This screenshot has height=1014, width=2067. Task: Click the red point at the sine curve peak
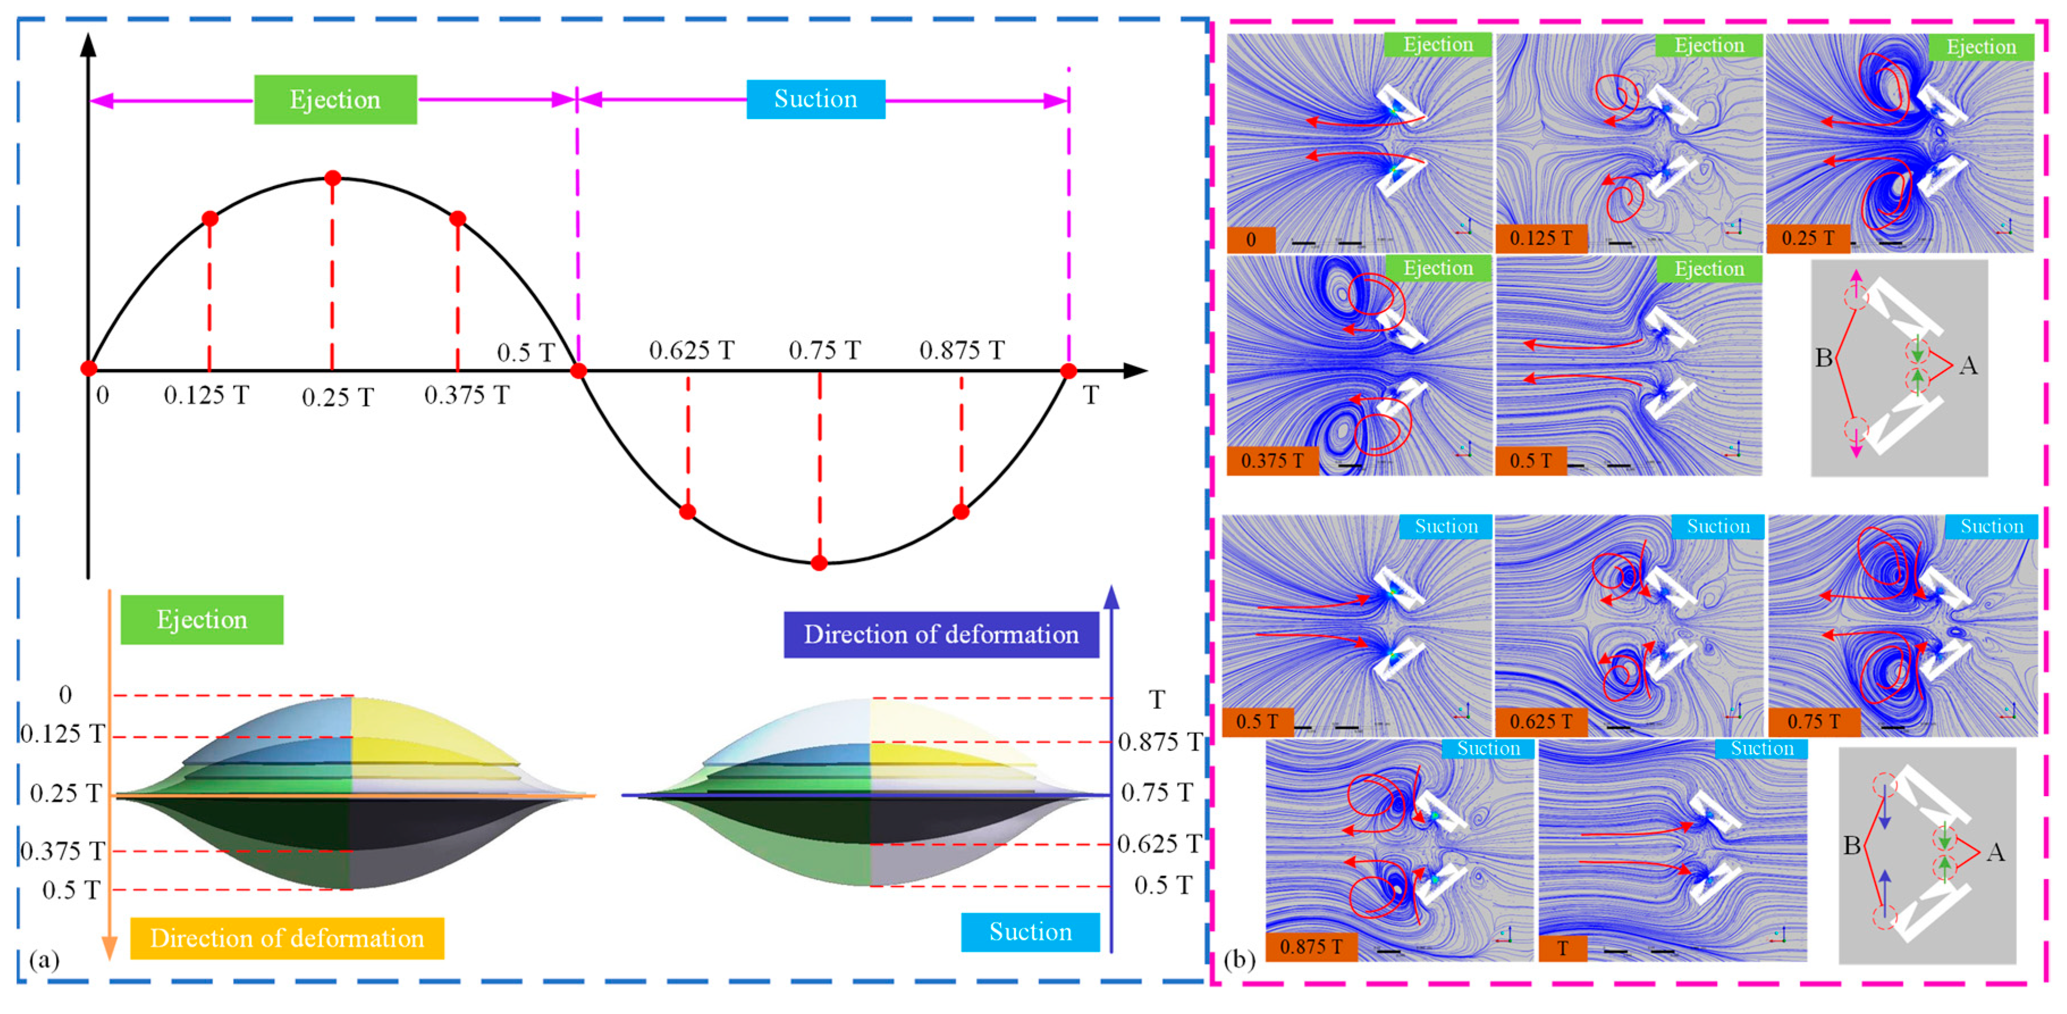click(x=332, y=178)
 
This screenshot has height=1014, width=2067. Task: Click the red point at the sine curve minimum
click(x=819, y=563)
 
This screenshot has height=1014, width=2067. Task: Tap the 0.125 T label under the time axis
click(x=206, y=395)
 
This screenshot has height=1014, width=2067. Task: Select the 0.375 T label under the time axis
click(x=466, y=395)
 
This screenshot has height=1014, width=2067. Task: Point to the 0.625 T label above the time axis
click(x=691, y=350)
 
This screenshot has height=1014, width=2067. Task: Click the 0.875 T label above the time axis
click(x=961, y=350)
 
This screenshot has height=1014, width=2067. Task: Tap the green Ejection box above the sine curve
click(x=335, y=99)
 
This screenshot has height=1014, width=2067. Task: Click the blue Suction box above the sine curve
click(x=815, y=99)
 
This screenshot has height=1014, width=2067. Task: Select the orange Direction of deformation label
click(x=286, y=938)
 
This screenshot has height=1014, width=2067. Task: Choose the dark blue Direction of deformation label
click(x=941, y=634)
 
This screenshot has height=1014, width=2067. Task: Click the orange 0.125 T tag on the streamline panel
click(x=1541, y=238)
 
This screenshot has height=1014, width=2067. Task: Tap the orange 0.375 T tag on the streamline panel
click(x=1272, y=461)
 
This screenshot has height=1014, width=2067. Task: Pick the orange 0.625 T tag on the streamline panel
click(x=1541, y=721)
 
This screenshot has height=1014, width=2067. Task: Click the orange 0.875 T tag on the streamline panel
click(x=1310, y=946)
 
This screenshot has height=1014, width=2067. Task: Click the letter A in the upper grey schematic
click(x=1968, y=366)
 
